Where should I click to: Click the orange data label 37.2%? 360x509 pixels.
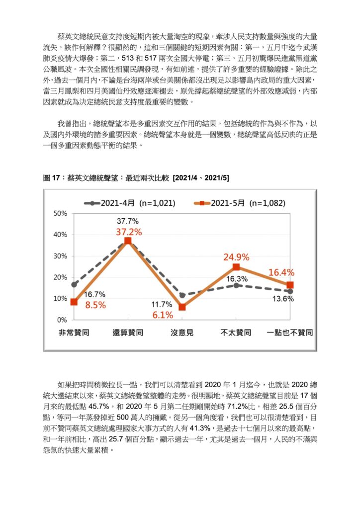point(129,232)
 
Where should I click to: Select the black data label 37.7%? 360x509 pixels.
point(128,221)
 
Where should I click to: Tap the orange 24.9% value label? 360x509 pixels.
point(236,257)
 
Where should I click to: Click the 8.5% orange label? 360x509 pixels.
point(95,305)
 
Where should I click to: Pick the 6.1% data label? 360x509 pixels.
point(163,315)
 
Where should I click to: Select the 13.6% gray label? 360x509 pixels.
point(283,299)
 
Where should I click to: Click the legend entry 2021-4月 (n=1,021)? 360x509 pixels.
point(130,203)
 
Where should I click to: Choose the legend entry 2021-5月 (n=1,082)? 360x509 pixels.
point(240,203)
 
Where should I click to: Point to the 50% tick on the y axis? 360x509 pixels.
point(60,213)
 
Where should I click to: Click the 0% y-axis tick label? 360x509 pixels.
point(62,320)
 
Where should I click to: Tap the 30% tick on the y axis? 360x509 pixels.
point(60,256)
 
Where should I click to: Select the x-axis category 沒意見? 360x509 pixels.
point(182,333)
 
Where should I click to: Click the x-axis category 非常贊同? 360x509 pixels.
point(74,333)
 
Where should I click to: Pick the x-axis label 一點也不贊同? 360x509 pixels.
point(290,333)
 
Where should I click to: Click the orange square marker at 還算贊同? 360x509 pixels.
point(128,241)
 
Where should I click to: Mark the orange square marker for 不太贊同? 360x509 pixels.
point(236,267)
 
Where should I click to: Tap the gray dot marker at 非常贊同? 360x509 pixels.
point(74,284)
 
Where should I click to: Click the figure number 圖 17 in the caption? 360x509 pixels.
point(52,178)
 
